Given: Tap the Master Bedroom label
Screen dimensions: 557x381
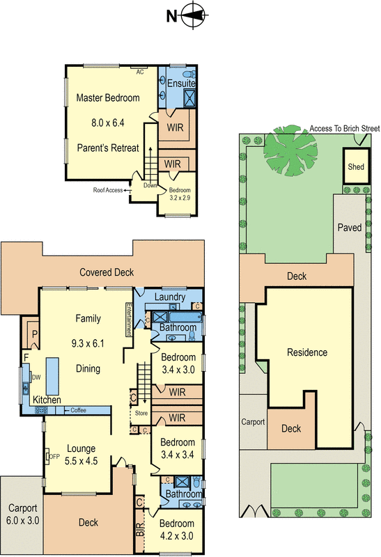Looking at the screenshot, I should click(108, 97).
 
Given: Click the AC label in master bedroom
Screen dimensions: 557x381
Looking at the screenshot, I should click(140, 71).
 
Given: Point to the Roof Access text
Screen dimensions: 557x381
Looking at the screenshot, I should click(108, 190).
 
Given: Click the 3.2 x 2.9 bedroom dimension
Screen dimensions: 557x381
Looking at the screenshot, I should click(180, 197).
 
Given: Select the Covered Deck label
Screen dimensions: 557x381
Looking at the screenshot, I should click(106, 272).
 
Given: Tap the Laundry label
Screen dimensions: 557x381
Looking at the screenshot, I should click(170, 297).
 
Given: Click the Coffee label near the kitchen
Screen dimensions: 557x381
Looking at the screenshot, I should click(78, 411).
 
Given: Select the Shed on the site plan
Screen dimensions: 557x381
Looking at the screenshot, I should click(356, 167).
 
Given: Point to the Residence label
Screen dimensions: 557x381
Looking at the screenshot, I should click(307, 352).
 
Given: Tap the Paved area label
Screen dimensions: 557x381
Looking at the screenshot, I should click(350, 228).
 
